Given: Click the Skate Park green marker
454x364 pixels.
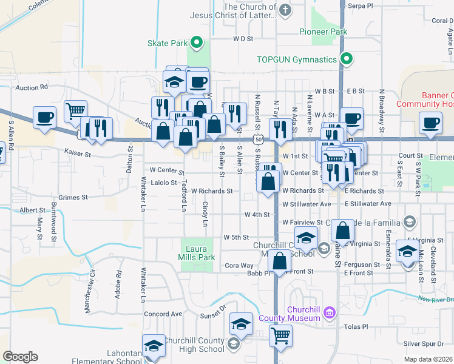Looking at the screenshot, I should (x=197, y=42).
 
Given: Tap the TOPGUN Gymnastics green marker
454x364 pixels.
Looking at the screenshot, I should (x=346, y=59).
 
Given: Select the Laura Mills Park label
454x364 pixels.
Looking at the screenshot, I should (x=198, y=253).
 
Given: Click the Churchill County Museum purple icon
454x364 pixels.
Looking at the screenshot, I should (x=329, y=313).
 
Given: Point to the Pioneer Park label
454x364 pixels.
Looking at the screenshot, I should (x=323, y=31).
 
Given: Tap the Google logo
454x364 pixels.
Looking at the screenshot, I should (x=20, y=357).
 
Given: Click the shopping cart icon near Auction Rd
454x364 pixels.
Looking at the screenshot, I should (x=75, y=111).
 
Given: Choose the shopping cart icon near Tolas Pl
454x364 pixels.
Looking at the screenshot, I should (x=281, y=335).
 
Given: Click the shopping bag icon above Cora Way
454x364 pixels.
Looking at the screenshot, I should (x=280, y=261).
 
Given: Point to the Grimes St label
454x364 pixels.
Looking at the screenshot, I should (x=74, y=197).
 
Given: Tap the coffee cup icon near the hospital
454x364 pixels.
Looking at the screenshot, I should (x=430, y=123).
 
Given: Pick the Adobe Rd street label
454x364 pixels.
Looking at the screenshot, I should (x=118, y=284).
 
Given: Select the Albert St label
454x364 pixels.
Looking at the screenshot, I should (x=32, y=210).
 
